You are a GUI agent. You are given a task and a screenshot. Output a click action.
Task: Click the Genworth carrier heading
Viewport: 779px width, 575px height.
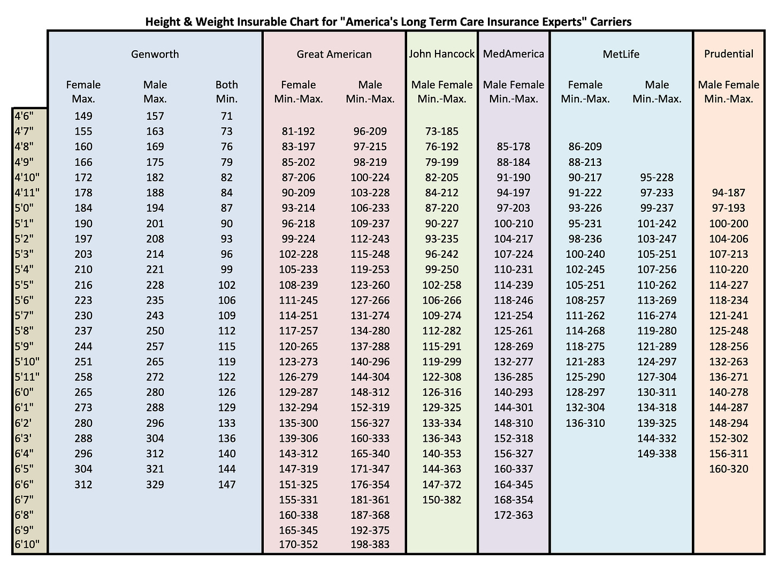coord(155,54)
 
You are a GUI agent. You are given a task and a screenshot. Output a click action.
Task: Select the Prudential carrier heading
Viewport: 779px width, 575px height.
coord(728,54)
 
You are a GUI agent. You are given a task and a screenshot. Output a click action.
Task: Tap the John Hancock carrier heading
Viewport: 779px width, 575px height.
coord(441,54)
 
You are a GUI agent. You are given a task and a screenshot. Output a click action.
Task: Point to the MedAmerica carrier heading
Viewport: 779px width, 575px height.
coord(513,54)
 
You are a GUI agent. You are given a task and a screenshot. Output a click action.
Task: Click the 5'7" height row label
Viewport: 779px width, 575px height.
coord(25,316)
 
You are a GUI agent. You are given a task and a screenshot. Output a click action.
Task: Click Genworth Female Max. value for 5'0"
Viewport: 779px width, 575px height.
coord(83,208)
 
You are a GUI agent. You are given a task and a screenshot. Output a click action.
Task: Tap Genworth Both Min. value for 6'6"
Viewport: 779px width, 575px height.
coord(227,485)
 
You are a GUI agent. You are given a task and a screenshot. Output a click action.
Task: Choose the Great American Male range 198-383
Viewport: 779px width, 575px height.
coord(370,545)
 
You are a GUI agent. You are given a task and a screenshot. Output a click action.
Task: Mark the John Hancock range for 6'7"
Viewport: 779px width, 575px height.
coord(441,500)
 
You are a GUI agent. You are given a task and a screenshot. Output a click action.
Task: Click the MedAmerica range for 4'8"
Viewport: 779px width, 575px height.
coord(513,147)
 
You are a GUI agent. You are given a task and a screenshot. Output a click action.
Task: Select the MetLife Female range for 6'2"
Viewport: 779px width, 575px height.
coord(585,423)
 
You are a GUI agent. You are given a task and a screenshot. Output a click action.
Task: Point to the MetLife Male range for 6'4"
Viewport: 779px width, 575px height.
coord(657,454)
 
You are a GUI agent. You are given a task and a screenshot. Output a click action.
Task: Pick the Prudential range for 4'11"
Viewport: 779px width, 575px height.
coord(728,193)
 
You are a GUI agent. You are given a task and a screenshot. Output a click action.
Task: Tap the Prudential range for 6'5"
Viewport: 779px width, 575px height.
coord(728,469)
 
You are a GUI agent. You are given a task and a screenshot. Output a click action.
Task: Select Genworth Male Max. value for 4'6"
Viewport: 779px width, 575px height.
coord(155,116)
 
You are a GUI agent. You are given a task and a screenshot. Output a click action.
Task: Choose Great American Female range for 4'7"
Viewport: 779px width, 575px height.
coord(298,131)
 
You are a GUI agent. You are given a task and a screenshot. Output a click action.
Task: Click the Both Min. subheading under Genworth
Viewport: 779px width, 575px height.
coord(227,91)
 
